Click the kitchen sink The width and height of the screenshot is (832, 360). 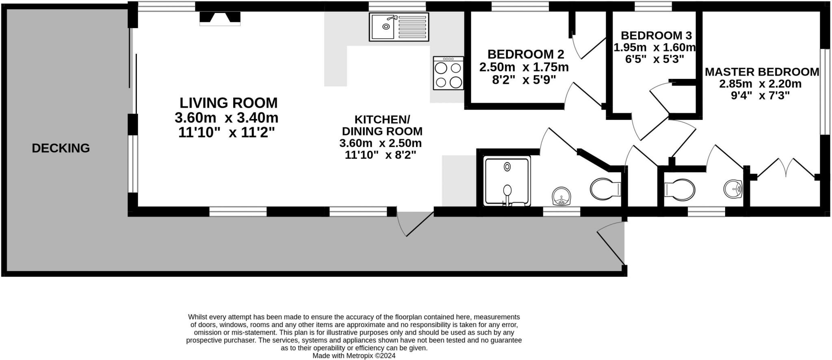click(x=399, y=27)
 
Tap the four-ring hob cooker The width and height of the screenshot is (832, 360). click(x=448, y=73)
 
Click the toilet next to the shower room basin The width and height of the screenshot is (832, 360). click(x=605, y=189)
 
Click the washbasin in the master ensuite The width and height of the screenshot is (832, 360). click(x=733, y=189)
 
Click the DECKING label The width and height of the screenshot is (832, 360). click(x=61, y=148)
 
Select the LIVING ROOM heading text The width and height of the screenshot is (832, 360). click(x=228, y=103)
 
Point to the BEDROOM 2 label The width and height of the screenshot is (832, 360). click(x=526, y=54)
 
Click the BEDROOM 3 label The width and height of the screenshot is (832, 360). click(x=656, y=35)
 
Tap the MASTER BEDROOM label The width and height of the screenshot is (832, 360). click(x=762, y=72)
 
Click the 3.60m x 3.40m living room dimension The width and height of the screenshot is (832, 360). click(x=226, y=118)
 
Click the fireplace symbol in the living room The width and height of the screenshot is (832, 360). click(x=220, y=18)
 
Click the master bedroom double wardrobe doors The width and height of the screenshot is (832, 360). click(x=786, y=168)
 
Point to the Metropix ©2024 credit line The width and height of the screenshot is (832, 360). click(x=353, y=356)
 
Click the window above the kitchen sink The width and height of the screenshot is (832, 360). click(x=397, y=6)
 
